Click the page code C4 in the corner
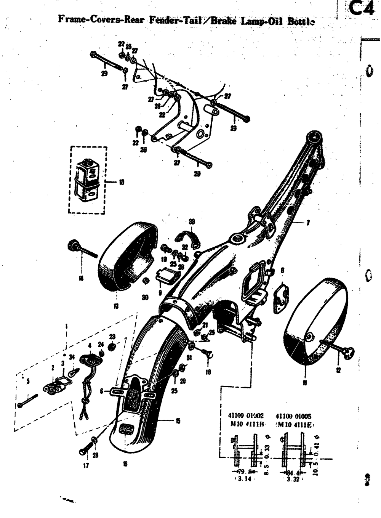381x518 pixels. click(362, 9)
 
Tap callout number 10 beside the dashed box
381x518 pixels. click(121, 182)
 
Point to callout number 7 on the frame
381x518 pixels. click(307, 223)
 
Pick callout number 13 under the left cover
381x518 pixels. click(116, 306)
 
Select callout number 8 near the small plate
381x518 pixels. click(282, 270)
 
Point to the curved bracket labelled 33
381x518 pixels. click(186, 236)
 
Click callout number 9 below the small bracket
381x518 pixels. click(160, 292)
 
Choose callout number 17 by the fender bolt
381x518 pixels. click(86, 465)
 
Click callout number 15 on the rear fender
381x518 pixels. click(178, 421)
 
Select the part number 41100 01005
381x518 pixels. click(293, 416)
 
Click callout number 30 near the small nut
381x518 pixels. click(145, 297)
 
